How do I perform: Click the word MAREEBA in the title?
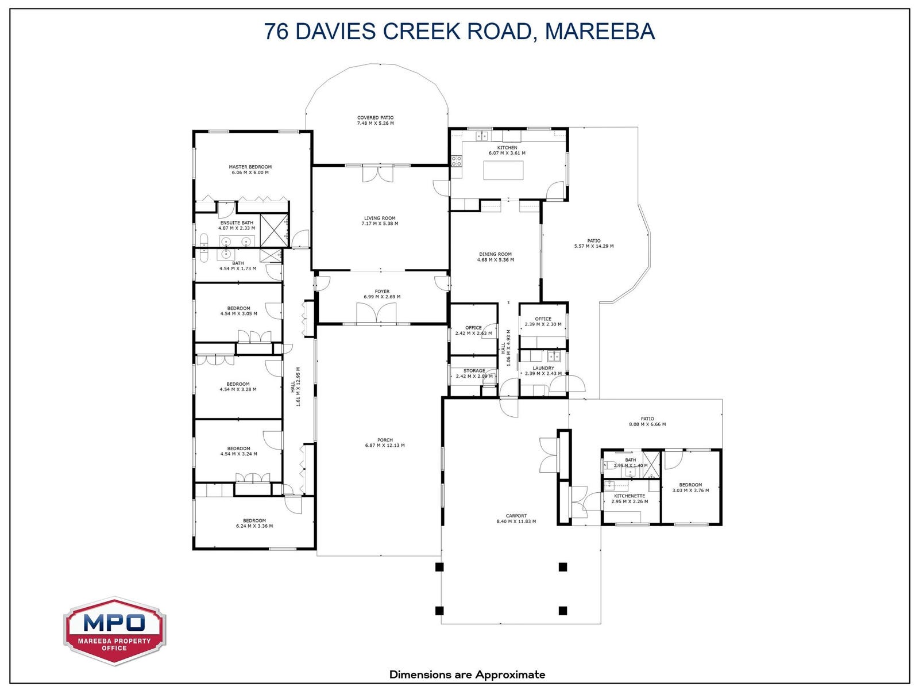coord(600,32)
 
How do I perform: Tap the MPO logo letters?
coord(114,623)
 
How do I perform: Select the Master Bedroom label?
coord(250,167)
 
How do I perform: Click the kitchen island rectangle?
coord(503,170)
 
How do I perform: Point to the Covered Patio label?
coord(375,118)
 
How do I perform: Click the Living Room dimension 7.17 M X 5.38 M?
coord(380,224)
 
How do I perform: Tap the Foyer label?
coord(382,291)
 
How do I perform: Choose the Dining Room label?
coord(495,254)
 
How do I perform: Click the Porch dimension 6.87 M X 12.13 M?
coord(385,445)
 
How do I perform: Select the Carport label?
coord(516,516)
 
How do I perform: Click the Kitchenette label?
coord(630,496)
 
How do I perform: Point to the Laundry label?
coord(543,368)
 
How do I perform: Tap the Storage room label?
coord(474,371)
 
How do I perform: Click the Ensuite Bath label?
coord(237,223)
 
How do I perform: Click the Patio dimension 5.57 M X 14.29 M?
coord(594,246)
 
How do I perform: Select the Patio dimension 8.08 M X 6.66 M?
coord(647,424)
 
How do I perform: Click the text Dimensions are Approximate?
coord(467,674)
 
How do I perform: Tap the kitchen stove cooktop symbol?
coord(457,161)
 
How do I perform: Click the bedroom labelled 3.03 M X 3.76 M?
coord(690,488)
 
